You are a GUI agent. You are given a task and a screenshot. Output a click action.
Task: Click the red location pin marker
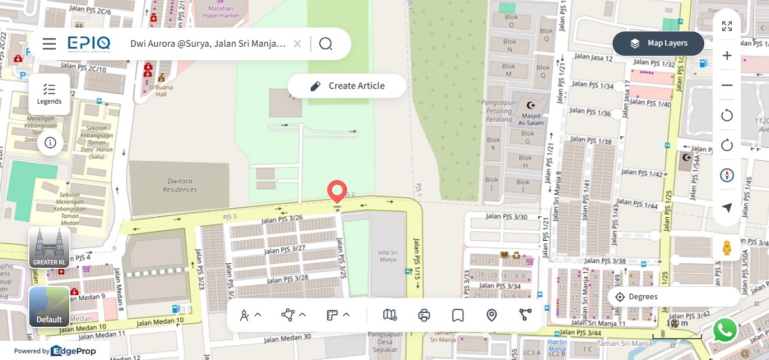(336, 192)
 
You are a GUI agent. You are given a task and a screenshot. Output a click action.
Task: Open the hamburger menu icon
(49, 44)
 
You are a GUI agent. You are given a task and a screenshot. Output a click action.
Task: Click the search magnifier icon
(326, 44)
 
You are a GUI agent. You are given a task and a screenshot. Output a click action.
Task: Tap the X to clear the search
(297, 44)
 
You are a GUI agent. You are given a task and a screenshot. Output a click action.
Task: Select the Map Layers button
(658, 44)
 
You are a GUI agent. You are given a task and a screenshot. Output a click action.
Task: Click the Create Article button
(347, 86)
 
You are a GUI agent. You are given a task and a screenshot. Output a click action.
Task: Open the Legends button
(49, 94)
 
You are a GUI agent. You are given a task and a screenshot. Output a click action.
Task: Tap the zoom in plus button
(727, 56)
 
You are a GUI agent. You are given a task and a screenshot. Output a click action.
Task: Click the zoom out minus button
(727, 85)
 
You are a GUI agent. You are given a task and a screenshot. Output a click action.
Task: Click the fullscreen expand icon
(727, 26)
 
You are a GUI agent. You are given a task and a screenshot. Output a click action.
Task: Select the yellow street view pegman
(727, 248)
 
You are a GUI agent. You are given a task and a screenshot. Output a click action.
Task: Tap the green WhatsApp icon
(725, 331)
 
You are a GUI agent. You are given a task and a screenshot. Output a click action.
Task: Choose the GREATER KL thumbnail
(49, 247)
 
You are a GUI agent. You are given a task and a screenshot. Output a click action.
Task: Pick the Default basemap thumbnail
(49, 307)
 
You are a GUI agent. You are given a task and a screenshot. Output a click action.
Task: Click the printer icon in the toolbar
(424, 315)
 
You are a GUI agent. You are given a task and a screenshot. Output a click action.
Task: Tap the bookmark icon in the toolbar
(458, 315)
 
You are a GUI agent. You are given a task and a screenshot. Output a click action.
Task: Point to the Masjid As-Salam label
(531, 116)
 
